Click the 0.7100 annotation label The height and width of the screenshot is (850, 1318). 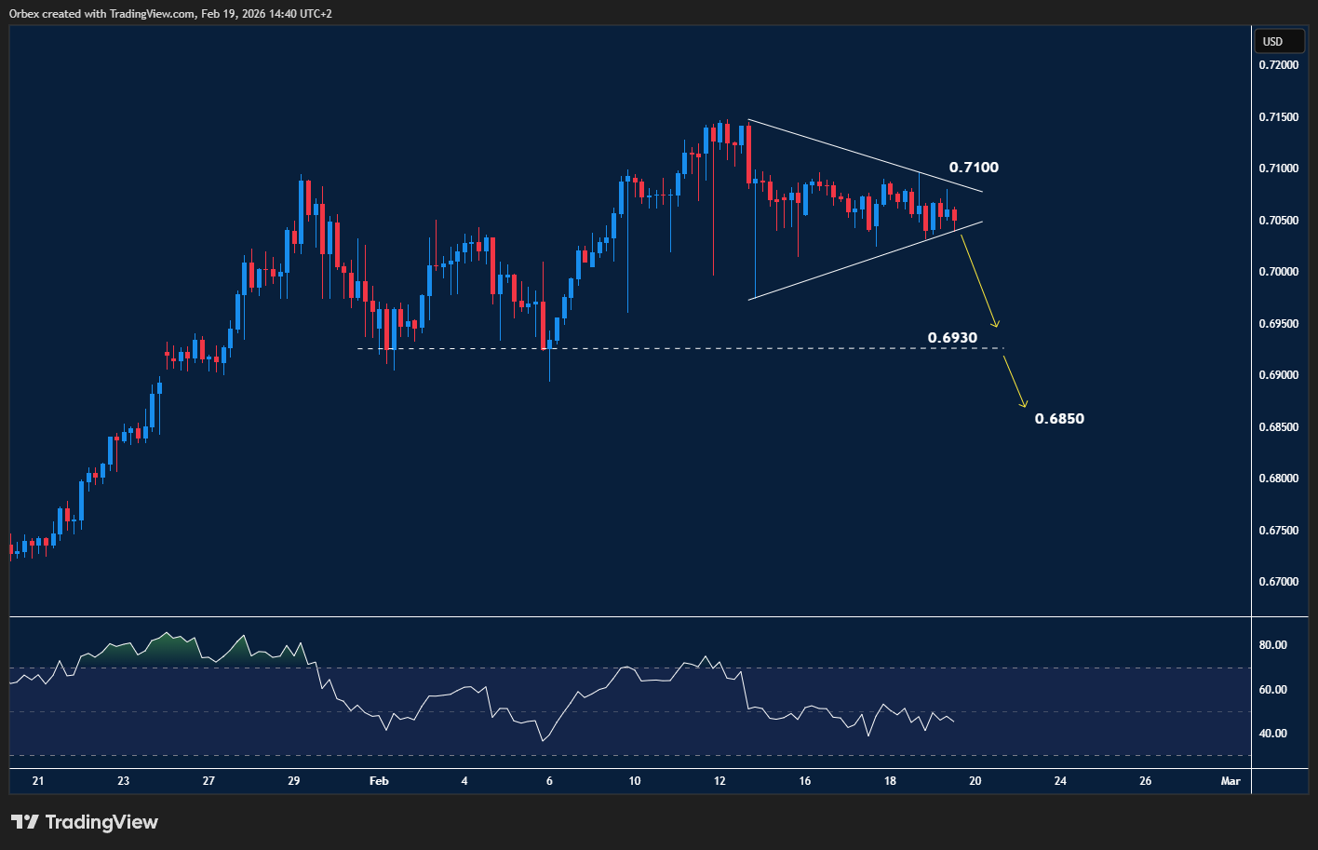(x=974, y=168)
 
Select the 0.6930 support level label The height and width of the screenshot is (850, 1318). (x=952, y=337)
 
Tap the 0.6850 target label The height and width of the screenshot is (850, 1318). (x=1059, y=419)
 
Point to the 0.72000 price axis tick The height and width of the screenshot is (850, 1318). (x=1278, y=65)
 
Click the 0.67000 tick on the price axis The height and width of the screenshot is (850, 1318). (x=1278, y=582)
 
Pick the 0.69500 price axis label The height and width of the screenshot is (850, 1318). (x=1278, y=324)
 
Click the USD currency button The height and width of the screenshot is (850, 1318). (x=1272, y=41)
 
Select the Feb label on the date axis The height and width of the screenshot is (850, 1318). (x=379, y=781)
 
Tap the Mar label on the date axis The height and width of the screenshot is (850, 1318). (x=1231, y=781)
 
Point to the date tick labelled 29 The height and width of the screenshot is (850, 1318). (x=294, y=781)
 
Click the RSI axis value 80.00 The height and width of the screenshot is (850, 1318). (x=1273, y=645)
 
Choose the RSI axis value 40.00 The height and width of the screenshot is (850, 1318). (x=1273, y=734)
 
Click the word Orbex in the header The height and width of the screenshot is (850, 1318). (x=25, y=14)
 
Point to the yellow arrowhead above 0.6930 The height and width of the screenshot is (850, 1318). (x=995, y=324)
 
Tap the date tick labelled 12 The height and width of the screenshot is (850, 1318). (x=720, y=781)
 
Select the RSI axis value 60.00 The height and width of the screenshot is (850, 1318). (x=1273, y=690)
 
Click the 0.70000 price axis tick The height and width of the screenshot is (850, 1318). (x=1278, y=272)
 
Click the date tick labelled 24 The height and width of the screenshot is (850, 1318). (x=1060, y=781)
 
